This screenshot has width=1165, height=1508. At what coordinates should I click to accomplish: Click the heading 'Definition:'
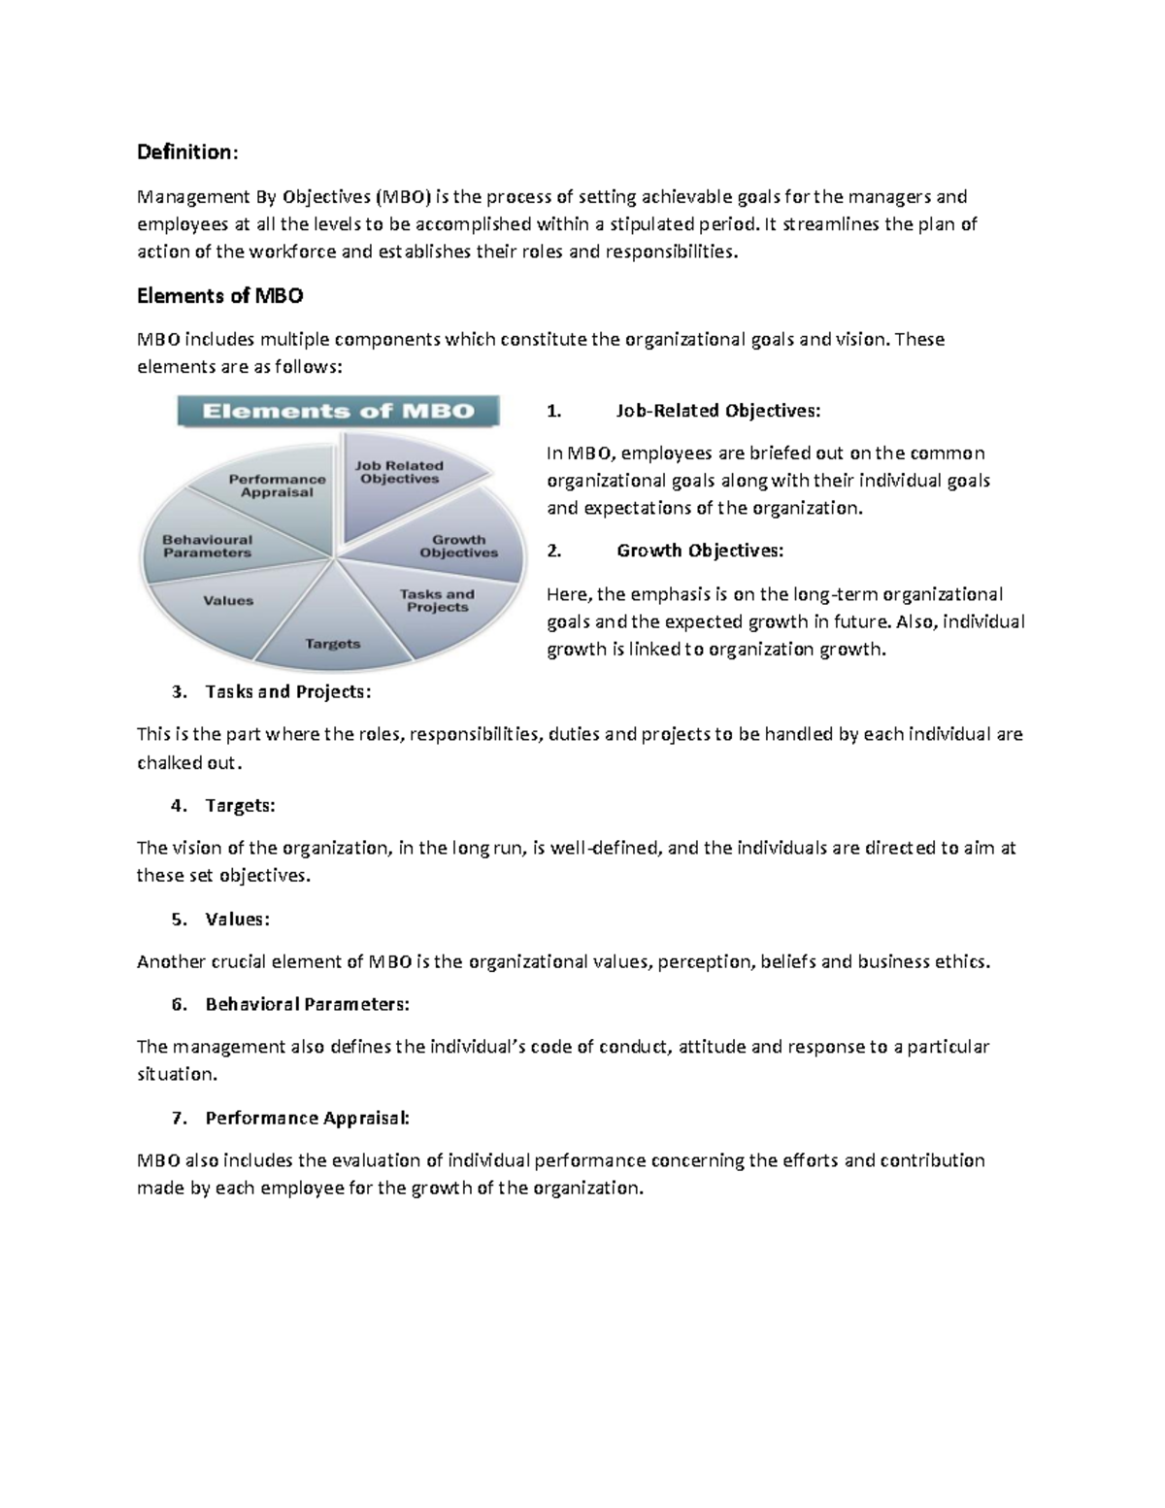click(x=186, y=152)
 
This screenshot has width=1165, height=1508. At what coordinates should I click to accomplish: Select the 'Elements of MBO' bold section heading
click(x=219, y=296)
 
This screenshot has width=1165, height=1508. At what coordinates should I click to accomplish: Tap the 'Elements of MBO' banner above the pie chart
click(x=338, y=411)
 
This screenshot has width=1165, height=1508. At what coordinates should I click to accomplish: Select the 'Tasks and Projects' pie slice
click(x=437, y=600)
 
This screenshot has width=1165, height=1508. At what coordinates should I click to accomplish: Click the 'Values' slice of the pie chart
click(x=228, y=601)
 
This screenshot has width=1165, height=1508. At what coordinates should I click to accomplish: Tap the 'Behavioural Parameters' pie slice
click(x=207, y=547)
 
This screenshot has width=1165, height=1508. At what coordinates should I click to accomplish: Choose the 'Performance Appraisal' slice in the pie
click(x=277, y=486)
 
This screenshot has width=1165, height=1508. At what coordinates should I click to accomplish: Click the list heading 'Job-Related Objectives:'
click(x=717, y=411)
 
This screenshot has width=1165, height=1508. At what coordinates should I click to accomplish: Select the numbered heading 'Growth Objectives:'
click(x=699, y=551)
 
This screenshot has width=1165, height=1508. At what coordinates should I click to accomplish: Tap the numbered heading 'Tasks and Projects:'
click(x=288, y=692)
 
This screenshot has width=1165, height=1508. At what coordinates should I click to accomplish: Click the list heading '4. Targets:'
click(x=240, y=806)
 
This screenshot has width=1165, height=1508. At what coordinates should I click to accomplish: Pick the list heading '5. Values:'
click(x=237, y=920)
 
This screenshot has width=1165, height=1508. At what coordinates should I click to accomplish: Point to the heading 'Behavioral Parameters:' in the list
click(x=307, y=1005)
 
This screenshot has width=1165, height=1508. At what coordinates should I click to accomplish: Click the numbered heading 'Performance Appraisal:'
click(x=307, y=1119)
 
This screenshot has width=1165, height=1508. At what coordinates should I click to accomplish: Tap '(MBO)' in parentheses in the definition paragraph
click(x=402, y=197)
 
